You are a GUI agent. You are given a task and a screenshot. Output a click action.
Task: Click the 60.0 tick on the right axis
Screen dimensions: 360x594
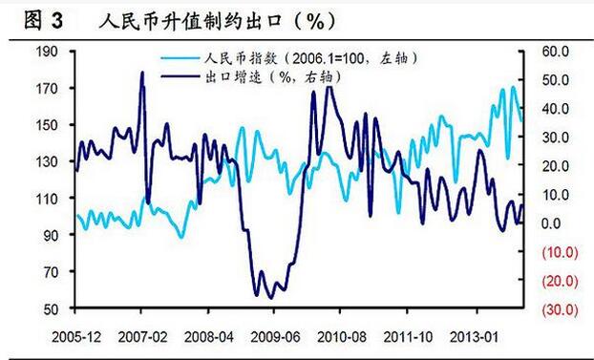click(556, 51)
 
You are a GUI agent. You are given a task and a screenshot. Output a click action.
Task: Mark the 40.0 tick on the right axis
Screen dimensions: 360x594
click(556, 108)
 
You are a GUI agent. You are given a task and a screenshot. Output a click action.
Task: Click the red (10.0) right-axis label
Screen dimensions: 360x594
click(555, 252)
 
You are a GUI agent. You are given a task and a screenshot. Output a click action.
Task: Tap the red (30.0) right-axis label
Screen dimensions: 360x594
click(555, 309)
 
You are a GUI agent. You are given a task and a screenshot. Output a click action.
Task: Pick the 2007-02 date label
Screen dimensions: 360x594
click(141, 338)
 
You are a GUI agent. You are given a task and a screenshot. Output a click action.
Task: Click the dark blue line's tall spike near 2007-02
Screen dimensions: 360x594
click(142, 74)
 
